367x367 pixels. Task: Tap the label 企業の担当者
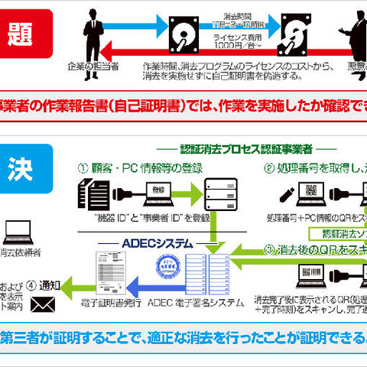(93, 67)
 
